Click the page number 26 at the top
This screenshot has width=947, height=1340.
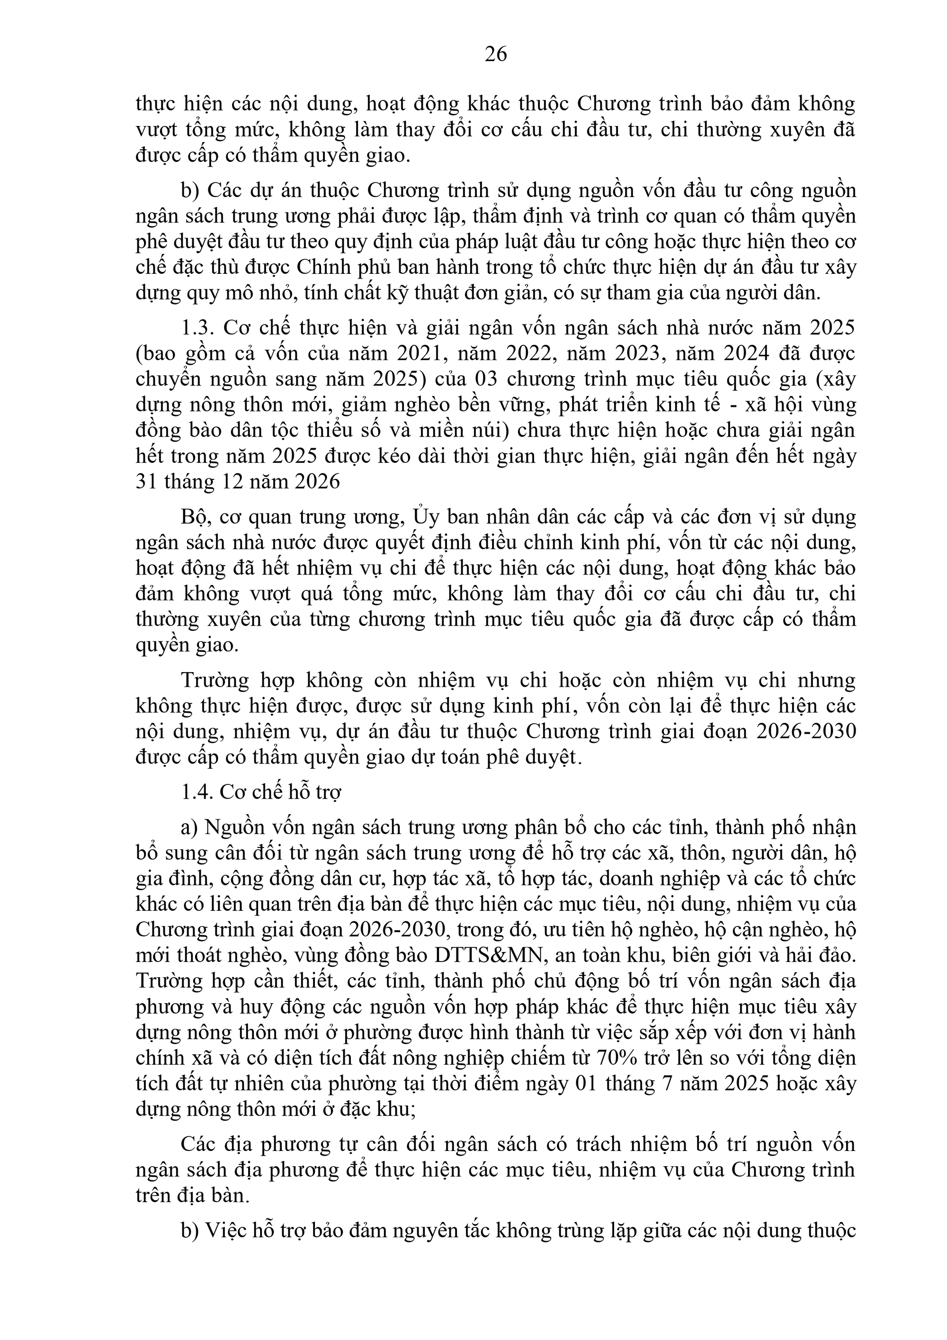(495, 54)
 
